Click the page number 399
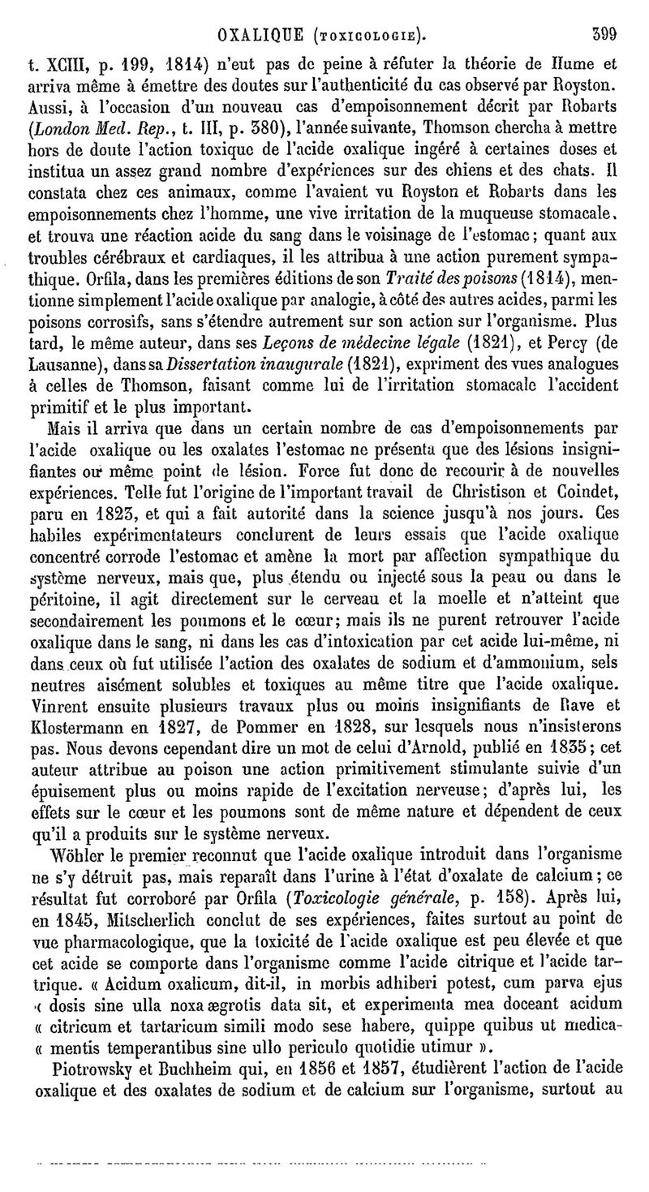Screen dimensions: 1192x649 [604, 35]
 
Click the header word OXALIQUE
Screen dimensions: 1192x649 [262, 35]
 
